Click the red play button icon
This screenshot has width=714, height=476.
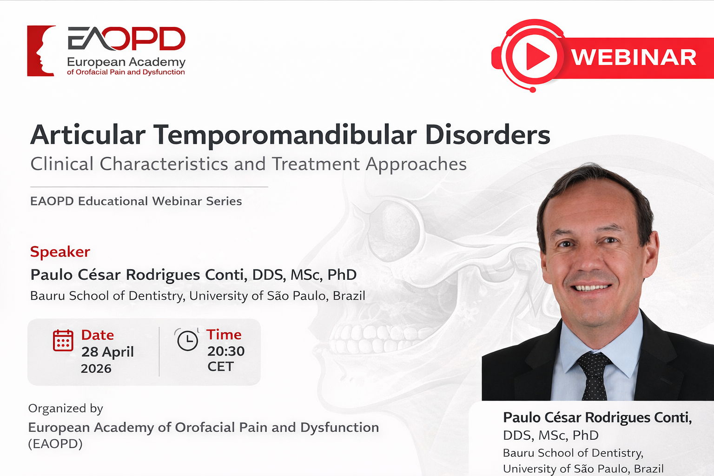(535, 56)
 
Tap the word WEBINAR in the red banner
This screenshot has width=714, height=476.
(634, 58)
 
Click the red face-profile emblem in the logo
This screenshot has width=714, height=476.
(41, 51)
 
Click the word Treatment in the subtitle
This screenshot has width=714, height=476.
(316, 164)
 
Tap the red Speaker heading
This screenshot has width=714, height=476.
(60, 252)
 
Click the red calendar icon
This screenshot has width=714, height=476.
(63, 341)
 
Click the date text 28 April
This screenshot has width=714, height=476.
(107, 352)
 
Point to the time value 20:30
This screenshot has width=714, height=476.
(226, 351)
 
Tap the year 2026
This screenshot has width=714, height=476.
(96, 369)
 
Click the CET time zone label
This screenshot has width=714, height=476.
(221, 367)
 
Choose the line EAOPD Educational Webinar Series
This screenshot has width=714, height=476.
(136, 201)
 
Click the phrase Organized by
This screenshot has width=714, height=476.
(66, 409)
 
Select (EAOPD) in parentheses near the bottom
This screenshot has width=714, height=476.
(55, 443)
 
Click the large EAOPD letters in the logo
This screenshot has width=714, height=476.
(126, 39)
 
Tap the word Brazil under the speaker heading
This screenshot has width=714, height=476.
(349, 296)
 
